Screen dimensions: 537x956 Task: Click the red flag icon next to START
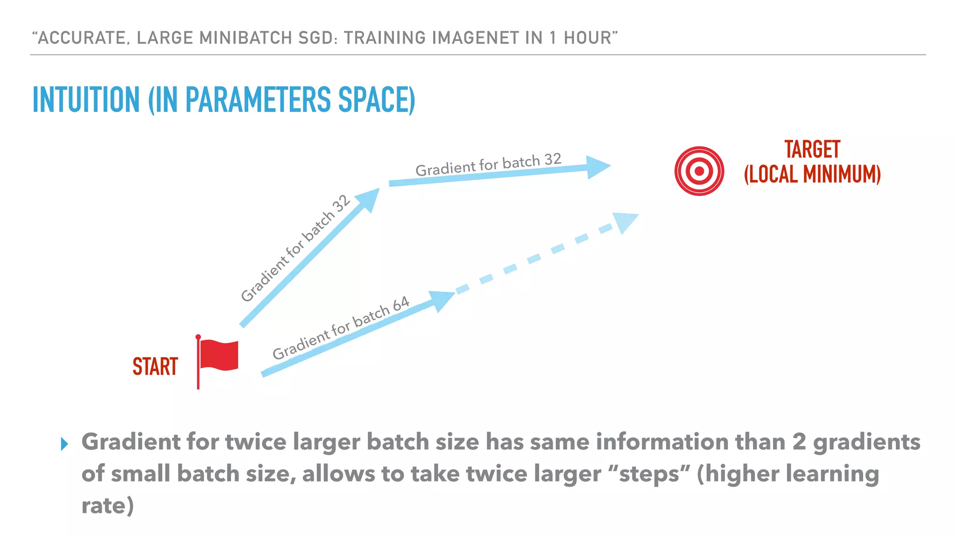coord(218,356)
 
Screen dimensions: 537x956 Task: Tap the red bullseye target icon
coord(699,171)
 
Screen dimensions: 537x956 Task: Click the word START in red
coord(155,366)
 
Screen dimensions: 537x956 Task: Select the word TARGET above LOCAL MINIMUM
coord(812,150)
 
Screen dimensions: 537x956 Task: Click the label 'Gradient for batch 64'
coord(341,328)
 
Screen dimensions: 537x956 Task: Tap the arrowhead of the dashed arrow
coord(625,221)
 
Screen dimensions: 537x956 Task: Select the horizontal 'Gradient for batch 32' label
coord(488,165)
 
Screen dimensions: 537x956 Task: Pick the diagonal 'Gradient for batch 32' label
coord(295,248)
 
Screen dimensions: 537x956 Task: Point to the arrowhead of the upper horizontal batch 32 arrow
coord(597,167)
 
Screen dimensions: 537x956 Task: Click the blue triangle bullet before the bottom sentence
coord(64,444)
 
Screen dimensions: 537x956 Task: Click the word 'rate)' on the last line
coord(107,506)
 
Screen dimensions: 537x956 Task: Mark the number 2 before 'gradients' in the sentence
coord(799,442)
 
